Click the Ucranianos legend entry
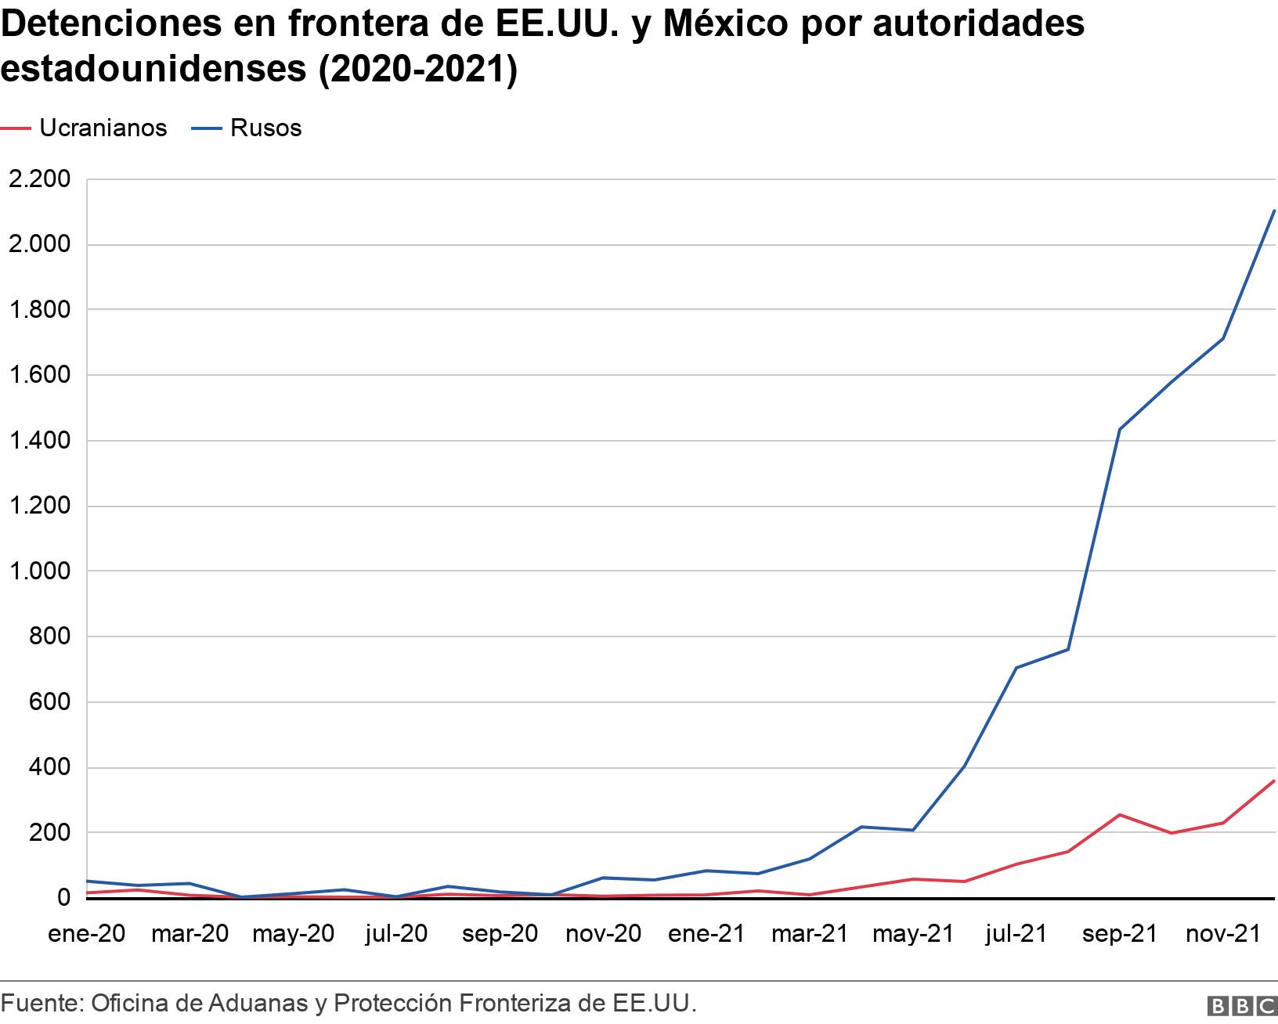point(103,128)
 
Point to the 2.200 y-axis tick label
point(38,179)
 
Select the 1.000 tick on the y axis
point(38,571)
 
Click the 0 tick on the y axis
point(63,898)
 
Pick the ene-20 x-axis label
point(86,934)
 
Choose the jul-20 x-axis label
point(396,934)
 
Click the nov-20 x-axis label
point(603,934)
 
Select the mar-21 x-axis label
point(810,934)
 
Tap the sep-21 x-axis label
point(1120,934)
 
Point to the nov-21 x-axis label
point(1223,934)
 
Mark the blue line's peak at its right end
point(1274,211)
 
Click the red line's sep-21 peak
point(1120,815)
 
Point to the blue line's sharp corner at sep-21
point(1120,430)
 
